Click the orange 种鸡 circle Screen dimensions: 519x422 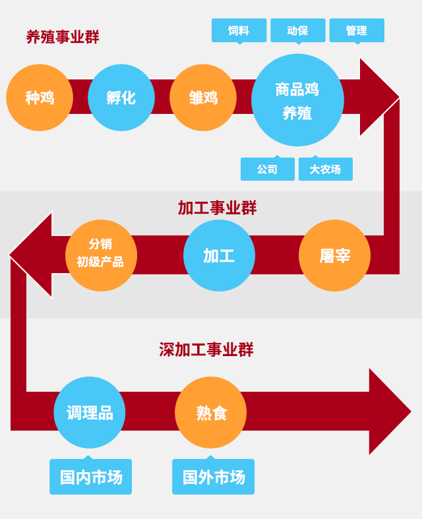40,98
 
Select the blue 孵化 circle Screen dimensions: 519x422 121,98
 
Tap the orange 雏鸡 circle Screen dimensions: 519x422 203,98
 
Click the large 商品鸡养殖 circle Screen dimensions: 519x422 297,100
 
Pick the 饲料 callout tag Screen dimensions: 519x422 239,30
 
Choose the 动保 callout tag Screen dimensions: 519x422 297,30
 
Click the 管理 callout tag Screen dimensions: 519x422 357,30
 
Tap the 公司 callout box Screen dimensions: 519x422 267,169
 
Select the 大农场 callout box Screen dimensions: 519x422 325,169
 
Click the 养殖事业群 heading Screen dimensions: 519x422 63,37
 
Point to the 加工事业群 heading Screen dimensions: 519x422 217,208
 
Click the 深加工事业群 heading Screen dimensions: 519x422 206,350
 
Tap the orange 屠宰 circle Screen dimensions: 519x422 334,255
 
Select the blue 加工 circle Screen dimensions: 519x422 219,255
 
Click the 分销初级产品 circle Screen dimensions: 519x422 101,255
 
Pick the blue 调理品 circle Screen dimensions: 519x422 90,413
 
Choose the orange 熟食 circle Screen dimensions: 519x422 211,413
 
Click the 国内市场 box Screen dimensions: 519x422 90,477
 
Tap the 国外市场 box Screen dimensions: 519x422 213,477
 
